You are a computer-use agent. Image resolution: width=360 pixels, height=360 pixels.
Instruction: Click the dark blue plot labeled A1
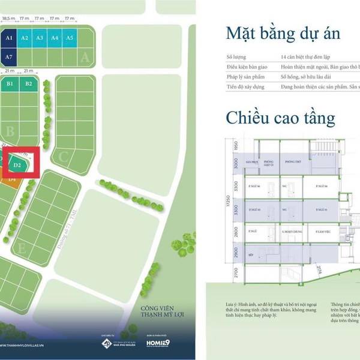[8, 38]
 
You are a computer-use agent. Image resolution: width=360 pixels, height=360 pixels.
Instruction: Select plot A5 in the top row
[70, 38]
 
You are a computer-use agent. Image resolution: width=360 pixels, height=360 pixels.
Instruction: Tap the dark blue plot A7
[8, 57]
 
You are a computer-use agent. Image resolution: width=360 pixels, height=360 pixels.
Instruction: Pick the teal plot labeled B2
[29, 84]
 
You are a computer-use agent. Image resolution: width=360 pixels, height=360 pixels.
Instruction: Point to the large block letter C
[64, 158]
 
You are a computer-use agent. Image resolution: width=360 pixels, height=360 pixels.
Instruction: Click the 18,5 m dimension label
[8, 19]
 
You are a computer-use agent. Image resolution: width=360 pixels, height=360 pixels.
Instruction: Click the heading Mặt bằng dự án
[283, 33]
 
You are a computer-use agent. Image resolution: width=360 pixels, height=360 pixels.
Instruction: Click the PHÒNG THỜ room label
[293, 162]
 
